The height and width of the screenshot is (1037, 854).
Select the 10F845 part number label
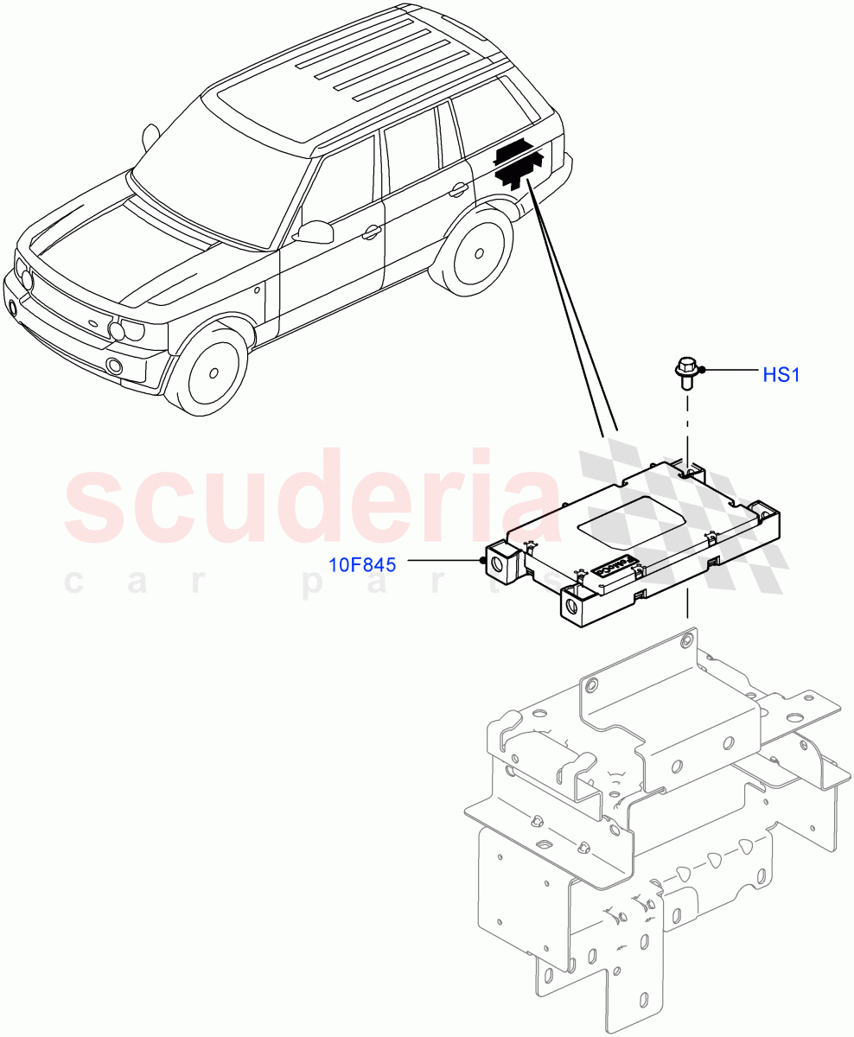pos(362,565)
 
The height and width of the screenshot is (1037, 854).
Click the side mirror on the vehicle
pos(315,232)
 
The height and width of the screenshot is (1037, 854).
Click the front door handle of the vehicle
pos(372,232)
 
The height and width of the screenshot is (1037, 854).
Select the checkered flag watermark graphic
pos(691,518)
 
